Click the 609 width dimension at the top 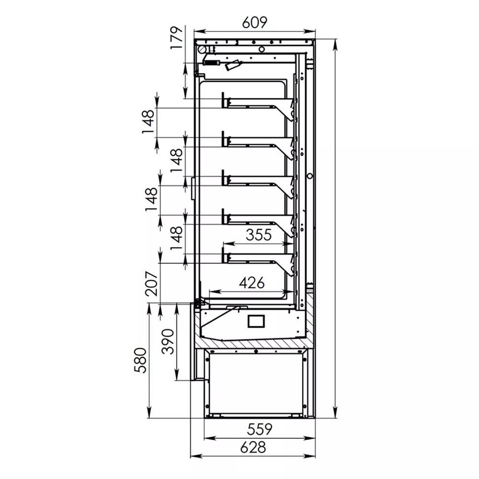tap(254, 23)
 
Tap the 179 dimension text tap(177, 37)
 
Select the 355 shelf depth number tap(259, 235)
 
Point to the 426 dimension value tap(252, 283)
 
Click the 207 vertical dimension tap(152, 283)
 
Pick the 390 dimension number tap(167, 341)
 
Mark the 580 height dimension tap(140, 360)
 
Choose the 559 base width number tap(259, 429)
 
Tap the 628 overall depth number tap(253, 447)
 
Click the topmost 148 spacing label tap(148, 122)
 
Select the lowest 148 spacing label tap(176, 238)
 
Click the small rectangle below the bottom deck tap(256, 321)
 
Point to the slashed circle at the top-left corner tap(202, 49)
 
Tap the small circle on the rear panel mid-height tap(310, 176)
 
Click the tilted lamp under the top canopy tap(234, 65)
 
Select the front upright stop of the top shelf tap(223, 100)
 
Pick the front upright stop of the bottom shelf tap(223, 255)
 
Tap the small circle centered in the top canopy tap(262, 49)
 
